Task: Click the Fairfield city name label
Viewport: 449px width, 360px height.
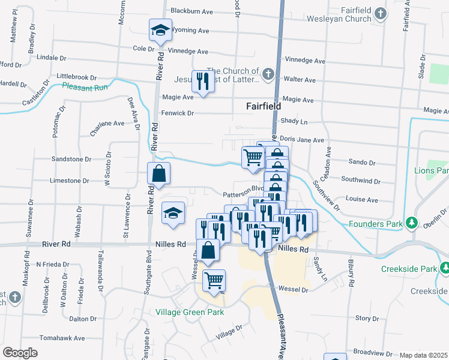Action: [x=264, y=106]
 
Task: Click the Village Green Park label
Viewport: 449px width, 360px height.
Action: [x=190, y=312]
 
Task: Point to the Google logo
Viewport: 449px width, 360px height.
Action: [x=20, y=353]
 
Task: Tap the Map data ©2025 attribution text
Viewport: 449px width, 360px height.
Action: [x=424, y=355]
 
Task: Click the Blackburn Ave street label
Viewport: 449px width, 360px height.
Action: [x=192, y=11]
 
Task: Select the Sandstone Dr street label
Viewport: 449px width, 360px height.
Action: [x=71, y=160]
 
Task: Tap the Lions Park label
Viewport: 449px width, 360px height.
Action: [x=431, y=171]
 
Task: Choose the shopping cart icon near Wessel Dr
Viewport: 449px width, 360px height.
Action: [x=214, y=279]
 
